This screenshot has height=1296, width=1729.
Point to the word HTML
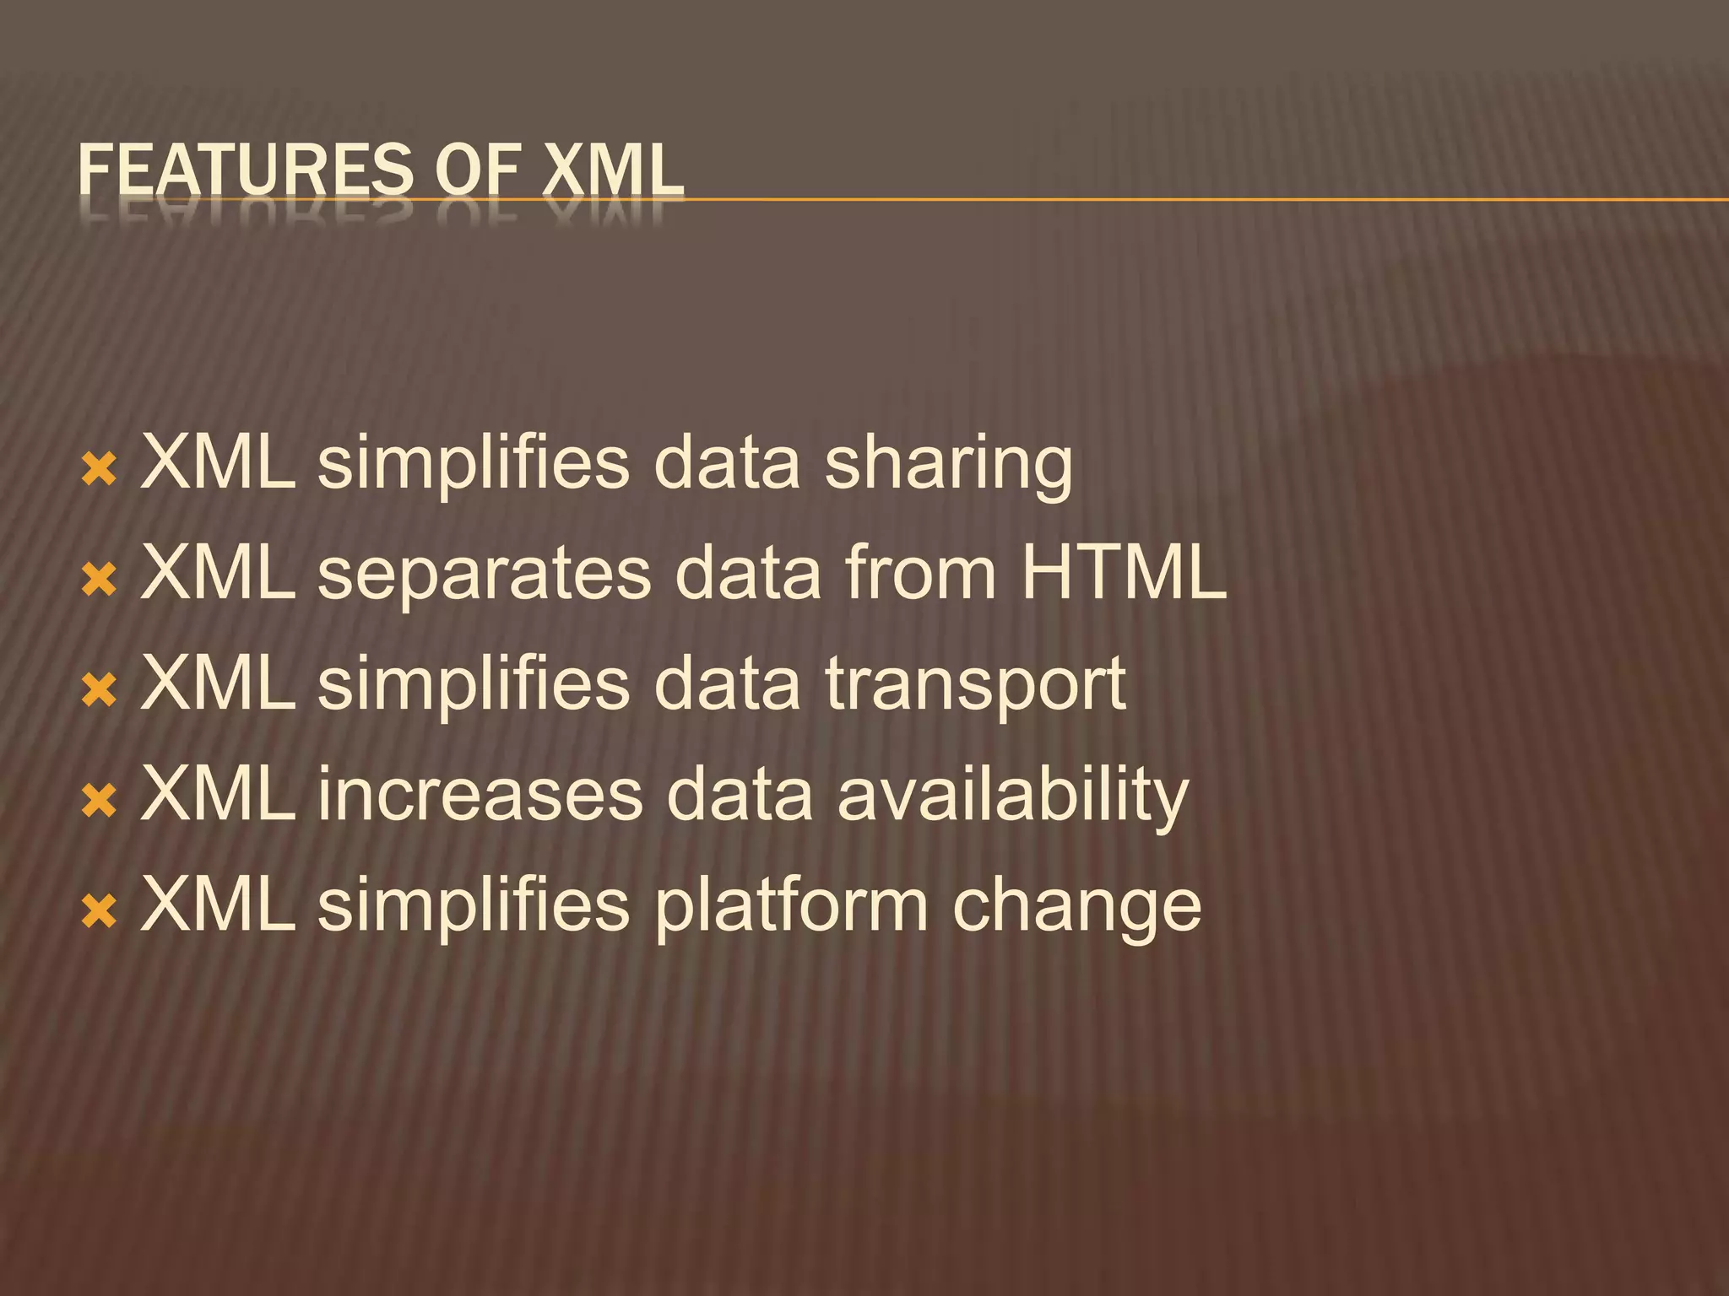(1123, 574)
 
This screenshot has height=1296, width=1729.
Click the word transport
(975, 686)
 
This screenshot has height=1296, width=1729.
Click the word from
(921, 574)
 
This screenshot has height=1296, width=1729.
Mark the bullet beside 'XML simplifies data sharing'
(99, 469)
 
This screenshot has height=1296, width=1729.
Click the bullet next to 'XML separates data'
(99, 580)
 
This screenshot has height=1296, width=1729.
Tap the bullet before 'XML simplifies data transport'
(99, 690)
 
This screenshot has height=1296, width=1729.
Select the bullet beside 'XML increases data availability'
(99, 801)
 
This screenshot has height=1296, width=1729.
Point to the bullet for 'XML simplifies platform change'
(99, 911)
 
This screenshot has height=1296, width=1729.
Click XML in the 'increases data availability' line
(219, 795)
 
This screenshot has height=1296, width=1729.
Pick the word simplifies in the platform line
(474, 905)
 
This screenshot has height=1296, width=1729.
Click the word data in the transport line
(727, 684)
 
